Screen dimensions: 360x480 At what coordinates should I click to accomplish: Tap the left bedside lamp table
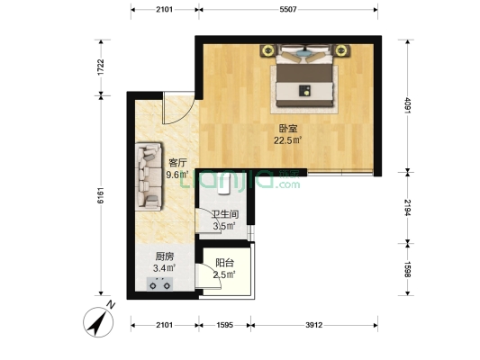click(267, 50)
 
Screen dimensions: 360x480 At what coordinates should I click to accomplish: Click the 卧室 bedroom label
click(288, 127)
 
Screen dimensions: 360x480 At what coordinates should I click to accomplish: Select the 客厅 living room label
click(177, 163)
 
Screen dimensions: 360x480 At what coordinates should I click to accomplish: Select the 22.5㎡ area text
click(288, 139)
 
